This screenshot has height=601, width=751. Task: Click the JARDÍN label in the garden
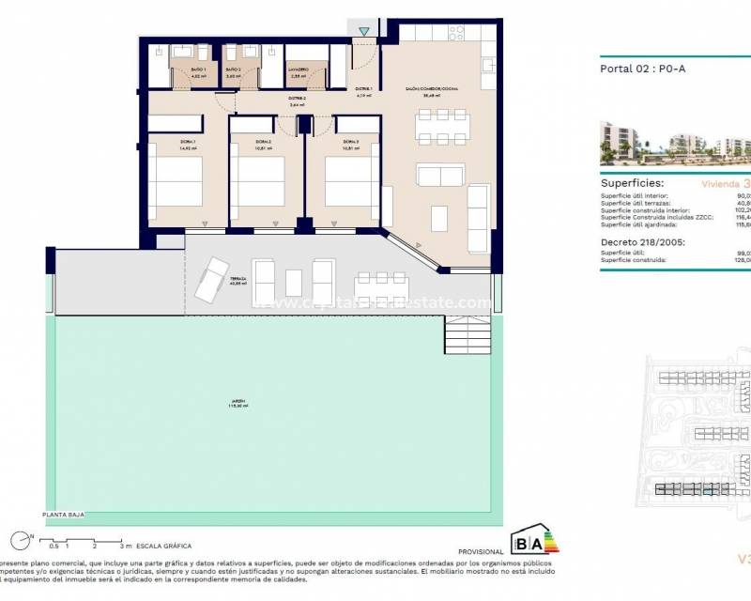point(240,404)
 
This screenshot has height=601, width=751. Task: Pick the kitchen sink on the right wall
point(486,66)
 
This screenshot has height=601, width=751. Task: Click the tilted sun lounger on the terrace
point(211,278)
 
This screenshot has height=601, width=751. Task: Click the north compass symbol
point(20,539)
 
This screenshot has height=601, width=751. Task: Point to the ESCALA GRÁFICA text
point(164,546)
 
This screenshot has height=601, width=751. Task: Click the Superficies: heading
point(633,183)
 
